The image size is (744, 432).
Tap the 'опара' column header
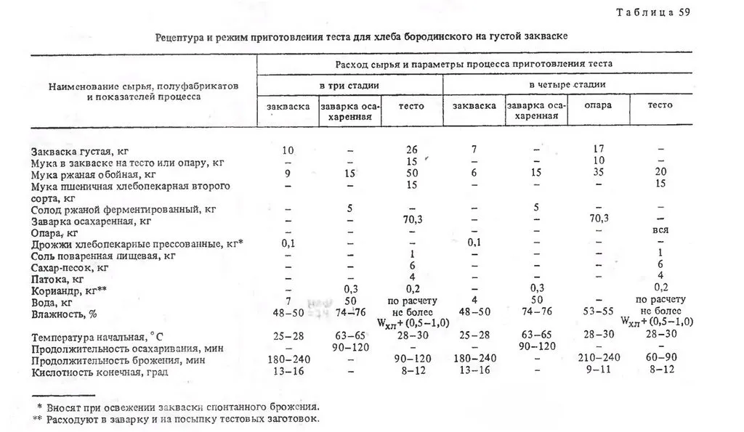(598, 105)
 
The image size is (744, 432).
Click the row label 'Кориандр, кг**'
(71, 289)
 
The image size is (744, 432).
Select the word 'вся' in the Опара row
(660, 231)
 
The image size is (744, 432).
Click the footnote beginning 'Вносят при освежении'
(182, 407)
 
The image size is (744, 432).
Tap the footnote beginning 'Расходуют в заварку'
(182, 419)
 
